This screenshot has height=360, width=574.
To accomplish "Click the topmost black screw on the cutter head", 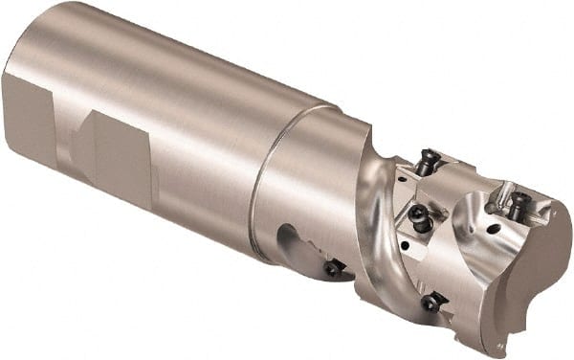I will pyautogui.click(x=428, y=163).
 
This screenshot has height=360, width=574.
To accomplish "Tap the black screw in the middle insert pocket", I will pyautogui.click(x=417, y=216).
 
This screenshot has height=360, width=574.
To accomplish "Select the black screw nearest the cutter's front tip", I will pyautogui.click(x=518, y=204).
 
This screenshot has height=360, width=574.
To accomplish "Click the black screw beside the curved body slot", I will pyautogui.click(x=333, y=269).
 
